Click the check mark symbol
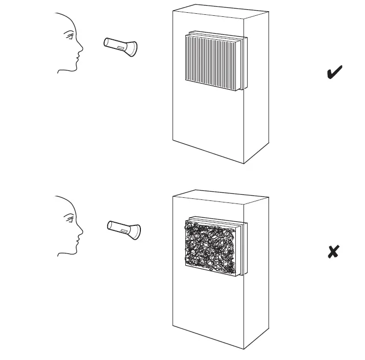click(x=334, y=73)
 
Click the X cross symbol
click(x=333, y=251)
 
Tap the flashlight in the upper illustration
click(x=120, y=46)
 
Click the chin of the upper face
click(x=72, y=69)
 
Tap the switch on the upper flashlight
click(x=121, y=47)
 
